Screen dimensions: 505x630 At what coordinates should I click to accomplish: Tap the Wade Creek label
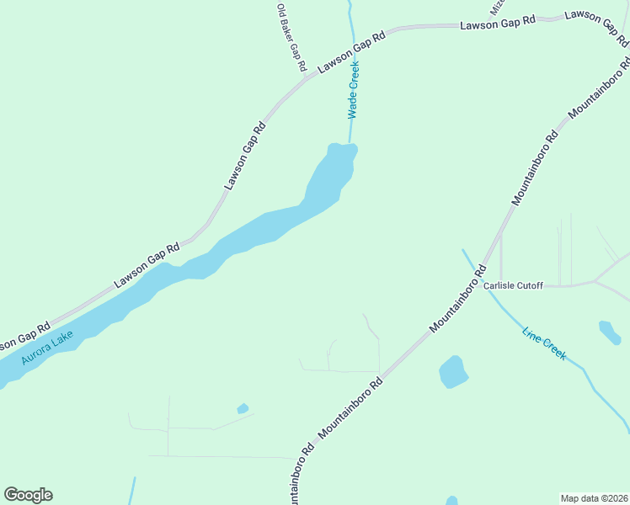[354, 89]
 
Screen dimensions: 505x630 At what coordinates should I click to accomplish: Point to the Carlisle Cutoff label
[513, 285]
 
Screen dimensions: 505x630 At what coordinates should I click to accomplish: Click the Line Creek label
[544, 343]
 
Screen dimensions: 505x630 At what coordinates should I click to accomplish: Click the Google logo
[28, 495]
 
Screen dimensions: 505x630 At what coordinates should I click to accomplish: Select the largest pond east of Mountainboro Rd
[453, 371]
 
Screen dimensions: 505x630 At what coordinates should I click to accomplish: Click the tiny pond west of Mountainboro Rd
[243, 409]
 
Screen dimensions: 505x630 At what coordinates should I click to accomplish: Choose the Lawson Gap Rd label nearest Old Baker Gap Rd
[351, 52]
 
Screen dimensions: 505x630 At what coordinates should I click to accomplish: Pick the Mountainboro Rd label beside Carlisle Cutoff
[458, 299]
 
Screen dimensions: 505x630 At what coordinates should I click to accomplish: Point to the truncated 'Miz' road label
[496, 7]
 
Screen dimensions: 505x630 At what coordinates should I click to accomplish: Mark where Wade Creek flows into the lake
[350, 146]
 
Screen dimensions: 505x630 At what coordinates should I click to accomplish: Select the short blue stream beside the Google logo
[132, 491]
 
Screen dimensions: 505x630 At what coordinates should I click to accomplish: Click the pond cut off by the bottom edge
[451, 501]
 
